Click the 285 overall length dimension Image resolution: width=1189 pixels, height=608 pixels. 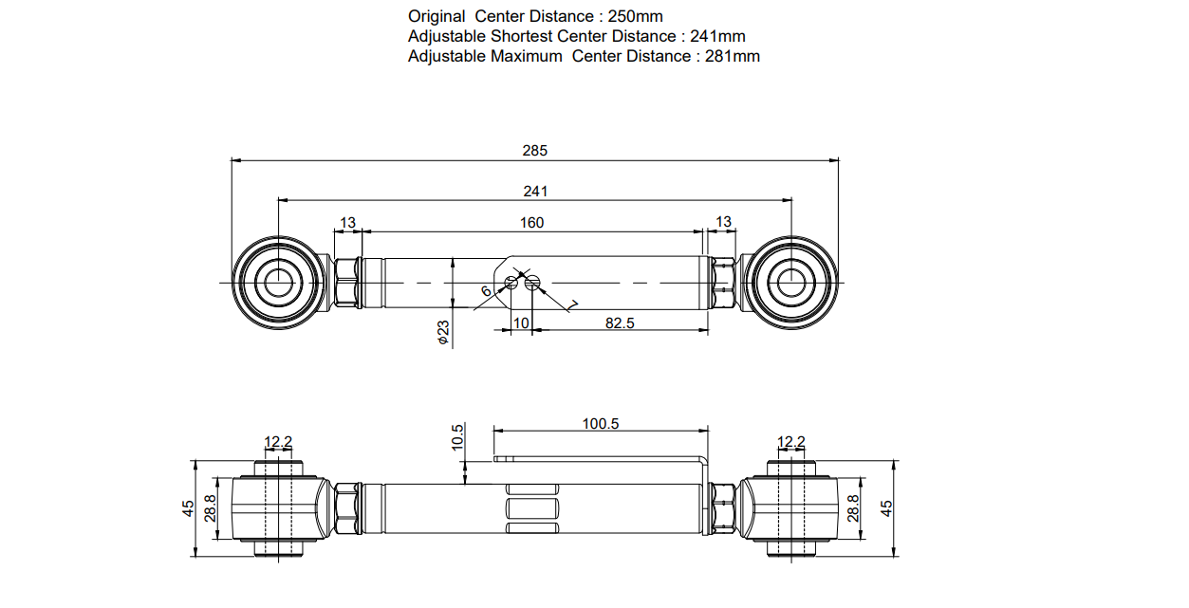pos(535,150)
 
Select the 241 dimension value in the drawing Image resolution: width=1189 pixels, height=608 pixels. pos(535,191)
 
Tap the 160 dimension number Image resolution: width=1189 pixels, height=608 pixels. pos(531,222)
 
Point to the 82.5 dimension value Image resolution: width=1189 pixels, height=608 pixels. pos(620,322)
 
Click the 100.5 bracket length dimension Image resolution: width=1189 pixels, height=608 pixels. pos(601,423)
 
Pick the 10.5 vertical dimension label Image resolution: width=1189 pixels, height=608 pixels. pos(457,437)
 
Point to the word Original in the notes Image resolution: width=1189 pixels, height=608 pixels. pos(437,16)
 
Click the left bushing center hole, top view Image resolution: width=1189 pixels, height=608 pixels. pos(278,282)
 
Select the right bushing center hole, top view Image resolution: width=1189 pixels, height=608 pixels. pos(790,282)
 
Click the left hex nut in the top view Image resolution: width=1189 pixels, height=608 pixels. pos(344,282)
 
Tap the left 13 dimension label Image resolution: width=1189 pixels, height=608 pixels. pos(347,222)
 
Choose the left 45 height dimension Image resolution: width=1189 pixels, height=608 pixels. pos(188,509)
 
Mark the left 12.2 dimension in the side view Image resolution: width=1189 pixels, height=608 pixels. pos(278,441)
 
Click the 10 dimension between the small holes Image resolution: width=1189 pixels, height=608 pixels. pos(521,322)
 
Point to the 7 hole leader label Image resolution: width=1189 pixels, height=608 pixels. pos(573,304)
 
